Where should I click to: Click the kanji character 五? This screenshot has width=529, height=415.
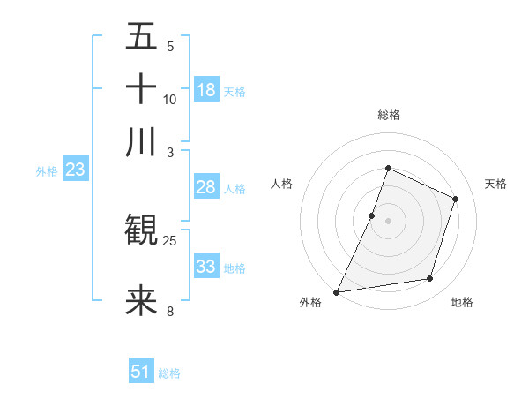coord(141,37)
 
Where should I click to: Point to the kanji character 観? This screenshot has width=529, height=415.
coord(141,231)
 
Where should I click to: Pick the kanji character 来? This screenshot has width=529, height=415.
coord(141,300)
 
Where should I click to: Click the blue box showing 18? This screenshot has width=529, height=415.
coord(206,90)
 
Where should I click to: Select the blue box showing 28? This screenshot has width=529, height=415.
coord(206,187)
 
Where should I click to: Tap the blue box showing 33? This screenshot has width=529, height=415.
coord(206,267)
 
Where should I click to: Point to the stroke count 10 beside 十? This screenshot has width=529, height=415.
coord(169,99)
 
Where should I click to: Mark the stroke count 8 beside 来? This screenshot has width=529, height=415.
coord(170,310)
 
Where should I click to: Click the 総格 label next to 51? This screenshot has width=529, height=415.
coord(169,373)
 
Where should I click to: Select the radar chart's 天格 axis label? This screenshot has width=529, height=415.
coord(495,184)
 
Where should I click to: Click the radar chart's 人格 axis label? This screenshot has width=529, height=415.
coord(281,184)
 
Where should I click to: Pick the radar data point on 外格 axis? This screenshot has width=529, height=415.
coord(337,291)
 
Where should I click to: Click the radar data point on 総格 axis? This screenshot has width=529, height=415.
coord(388,168)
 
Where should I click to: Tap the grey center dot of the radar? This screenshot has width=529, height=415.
coord(388,221)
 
